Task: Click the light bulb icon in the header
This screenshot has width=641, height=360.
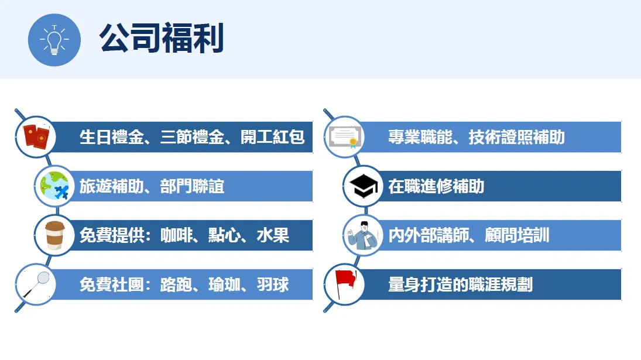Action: tap(54, 40)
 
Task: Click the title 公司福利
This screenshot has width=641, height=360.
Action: tap(162, 38)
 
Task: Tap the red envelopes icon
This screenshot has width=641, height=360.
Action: tap(36, 137)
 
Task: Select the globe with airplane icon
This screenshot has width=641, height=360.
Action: tap(54, 186)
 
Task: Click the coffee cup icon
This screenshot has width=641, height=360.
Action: tap(54, 235)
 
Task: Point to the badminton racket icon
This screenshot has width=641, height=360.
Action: tap(36, 284)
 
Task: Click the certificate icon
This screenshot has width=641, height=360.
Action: tap(344, 137)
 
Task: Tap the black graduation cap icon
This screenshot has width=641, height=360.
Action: tap(364, 186)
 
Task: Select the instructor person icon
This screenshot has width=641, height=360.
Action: tap(363, 235)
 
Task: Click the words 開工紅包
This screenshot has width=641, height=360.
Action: tap(272, 137)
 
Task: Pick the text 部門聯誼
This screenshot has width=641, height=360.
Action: tap(192, 186)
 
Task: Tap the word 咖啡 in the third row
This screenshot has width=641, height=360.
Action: tap(176, 235)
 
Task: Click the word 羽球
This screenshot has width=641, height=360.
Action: tap(273, 284)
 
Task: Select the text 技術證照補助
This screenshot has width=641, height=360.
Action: tap(517, 137)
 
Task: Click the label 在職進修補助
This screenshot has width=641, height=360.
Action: tap(436, 186)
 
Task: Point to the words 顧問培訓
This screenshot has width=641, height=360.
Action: tap(517, 235)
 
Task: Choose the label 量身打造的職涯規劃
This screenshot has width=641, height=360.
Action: tap(460, 284)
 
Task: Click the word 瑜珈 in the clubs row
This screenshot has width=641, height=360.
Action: tap(224, 284)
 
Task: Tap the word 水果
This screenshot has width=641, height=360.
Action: tap(273, 235)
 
